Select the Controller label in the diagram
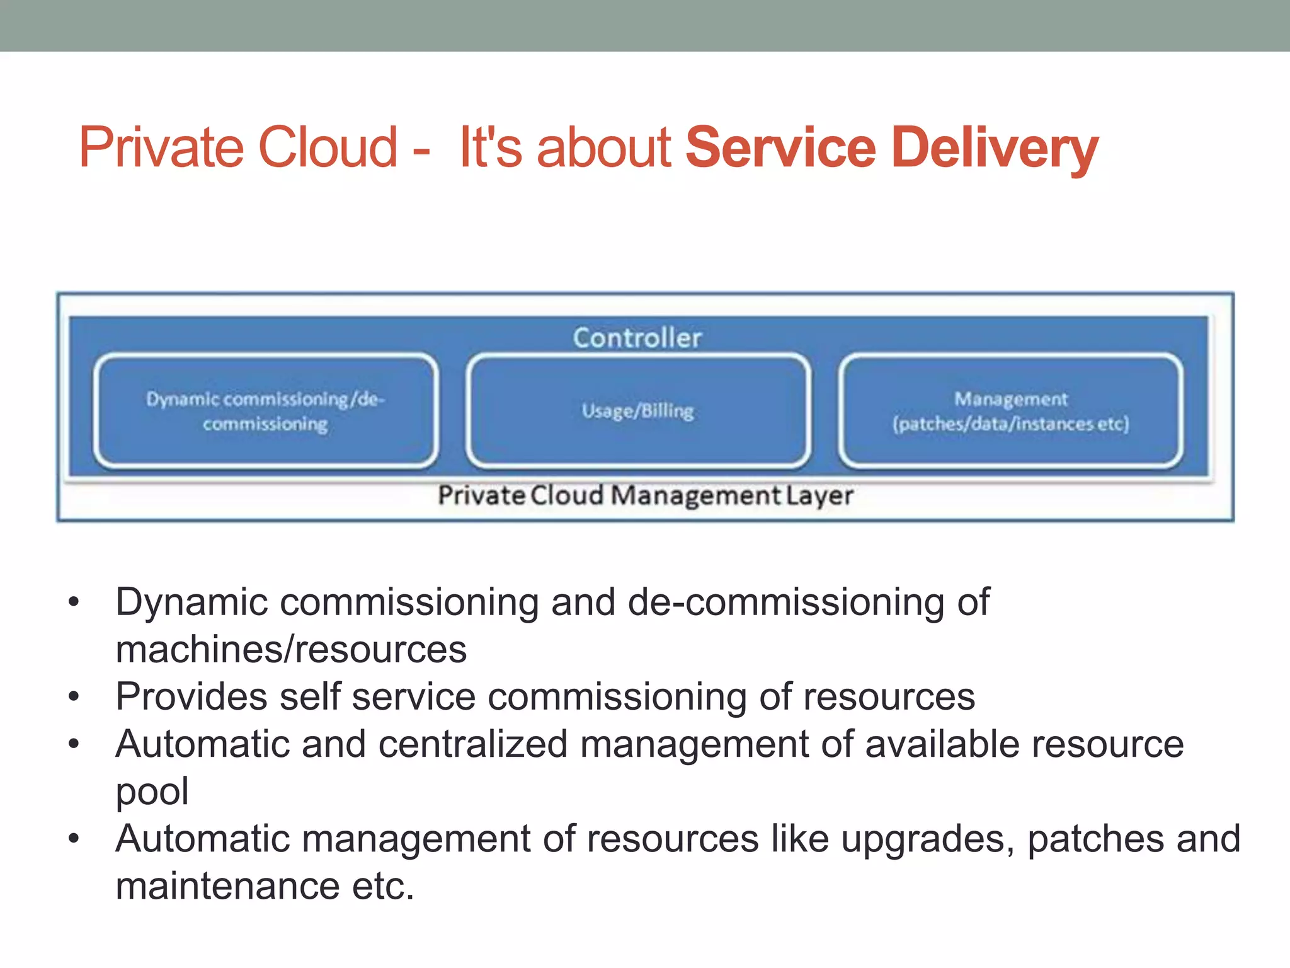pos(637,338)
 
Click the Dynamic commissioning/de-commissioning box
pos(265,411)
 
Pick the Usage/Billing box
pos(637,411)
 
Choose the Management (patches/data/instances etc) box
pos(1010,411)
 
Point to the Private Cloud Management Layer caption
pos(645,495)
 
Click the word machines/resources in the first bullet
pos(291,649)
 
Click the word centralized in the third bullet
pos(473,744)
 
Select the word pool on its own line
pos(152,792)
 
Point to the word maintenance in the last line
pos(227,886)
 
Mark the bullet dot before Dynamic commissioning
pos(74,602)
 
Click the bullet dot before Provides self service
pos(74,697)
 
